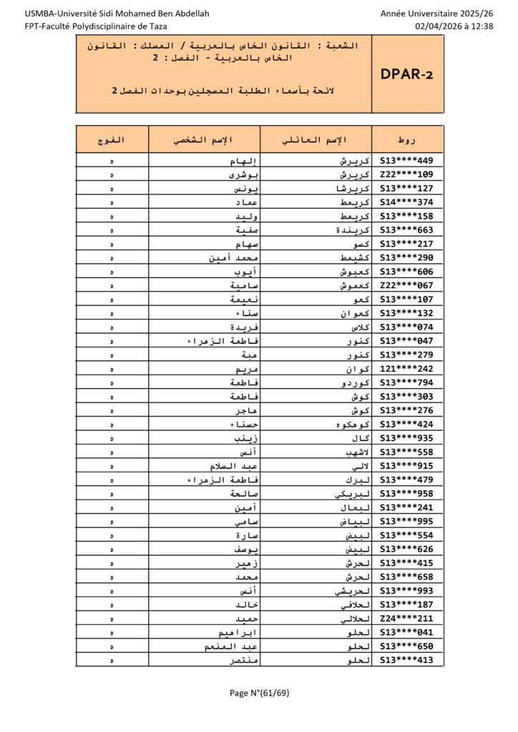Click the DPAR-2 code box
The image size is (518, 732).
[407, 74]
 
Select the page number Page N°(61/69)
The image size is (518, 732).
[259, 692]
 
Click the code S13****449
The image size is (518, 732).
[407, 161]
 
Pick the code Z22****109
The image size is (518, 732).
[407, 174]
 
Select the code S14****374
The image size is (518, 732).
[407, 202]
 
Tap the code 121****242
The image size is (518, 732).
[407, 370]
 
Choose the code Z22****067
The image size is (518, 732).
[407, 286]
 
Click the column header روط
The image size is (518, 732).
[407, 139]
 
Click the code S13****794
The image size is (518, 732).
[407, 383]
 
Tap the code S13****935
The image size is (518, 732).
[407, 439]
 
